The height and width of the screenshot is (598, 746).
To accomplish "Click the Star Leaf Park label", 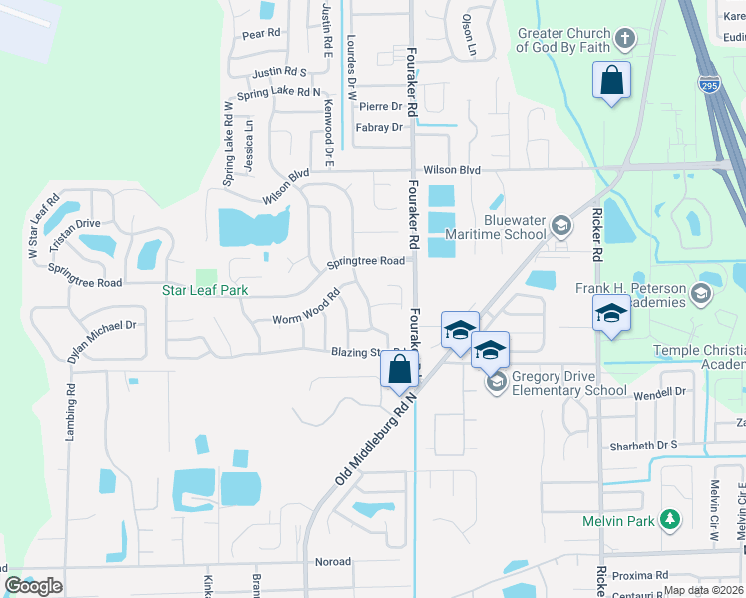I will coord(204,290).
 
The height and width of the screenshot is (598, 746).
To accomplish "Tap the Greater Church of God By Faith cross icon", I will coord(625,39).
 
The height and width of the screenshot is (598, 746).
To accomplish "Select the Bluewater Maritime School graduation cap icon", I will coord(561,225).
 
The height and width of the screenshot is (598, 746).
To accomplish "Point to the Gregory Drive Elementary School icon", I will coord(495,381).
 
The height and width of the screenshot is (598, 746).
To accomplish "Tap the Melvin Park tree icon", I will coord(672,519).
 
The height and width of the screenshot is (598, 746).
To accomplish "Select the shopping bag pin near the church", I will coord(610,80).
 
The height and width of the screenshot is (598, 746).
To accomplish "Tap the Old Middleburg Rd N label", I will coord(375,439).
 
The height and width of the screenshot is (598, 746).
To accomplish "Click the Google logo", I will coord(33,585).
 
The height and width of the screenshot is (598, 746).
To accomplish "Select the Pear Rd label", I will coord(262,33).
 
